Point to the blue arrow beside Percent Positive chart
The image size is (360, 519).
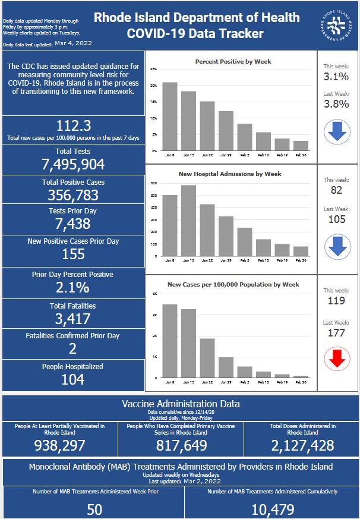click(336, 132)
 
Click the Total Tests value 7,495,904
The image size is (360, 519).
click(73, 165)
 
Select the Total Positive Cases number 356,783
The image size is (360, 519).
click(73, 195)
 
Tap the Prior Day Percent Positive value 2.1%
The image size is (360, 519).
click(73, 288)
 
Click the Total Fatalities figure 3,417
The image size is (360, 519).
click(73, 319)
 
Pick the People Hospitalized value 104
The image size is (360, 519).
click(73, 379)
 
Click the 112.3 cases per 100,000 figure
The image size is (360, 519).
click(73, 125)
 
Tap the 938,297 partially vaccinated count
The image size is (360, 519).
click(61, 445)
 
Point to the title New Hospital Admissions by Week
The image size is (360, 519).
click(230, 174)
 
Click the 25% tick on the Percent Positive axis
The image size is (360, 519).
click(153, 70)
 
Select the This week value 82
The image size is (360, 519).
click(336, 191)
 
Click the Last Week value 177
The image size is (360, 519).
click(336, 333)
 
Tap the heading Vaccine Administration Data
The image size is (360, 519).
click(181, 404)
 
